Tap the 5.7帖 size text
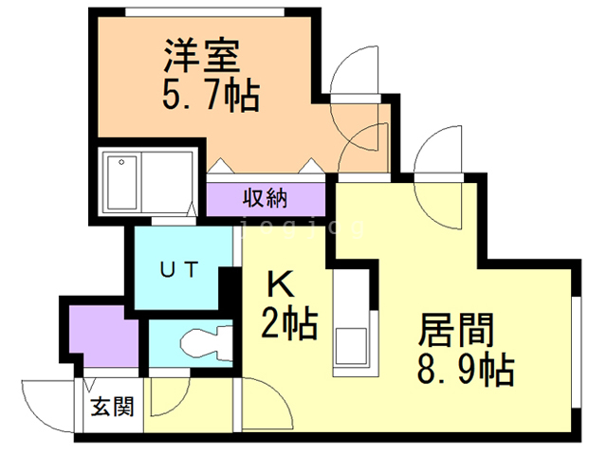212,95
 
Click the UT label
178,269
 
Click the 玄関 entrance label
112,408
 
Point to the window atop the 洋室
203,10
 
